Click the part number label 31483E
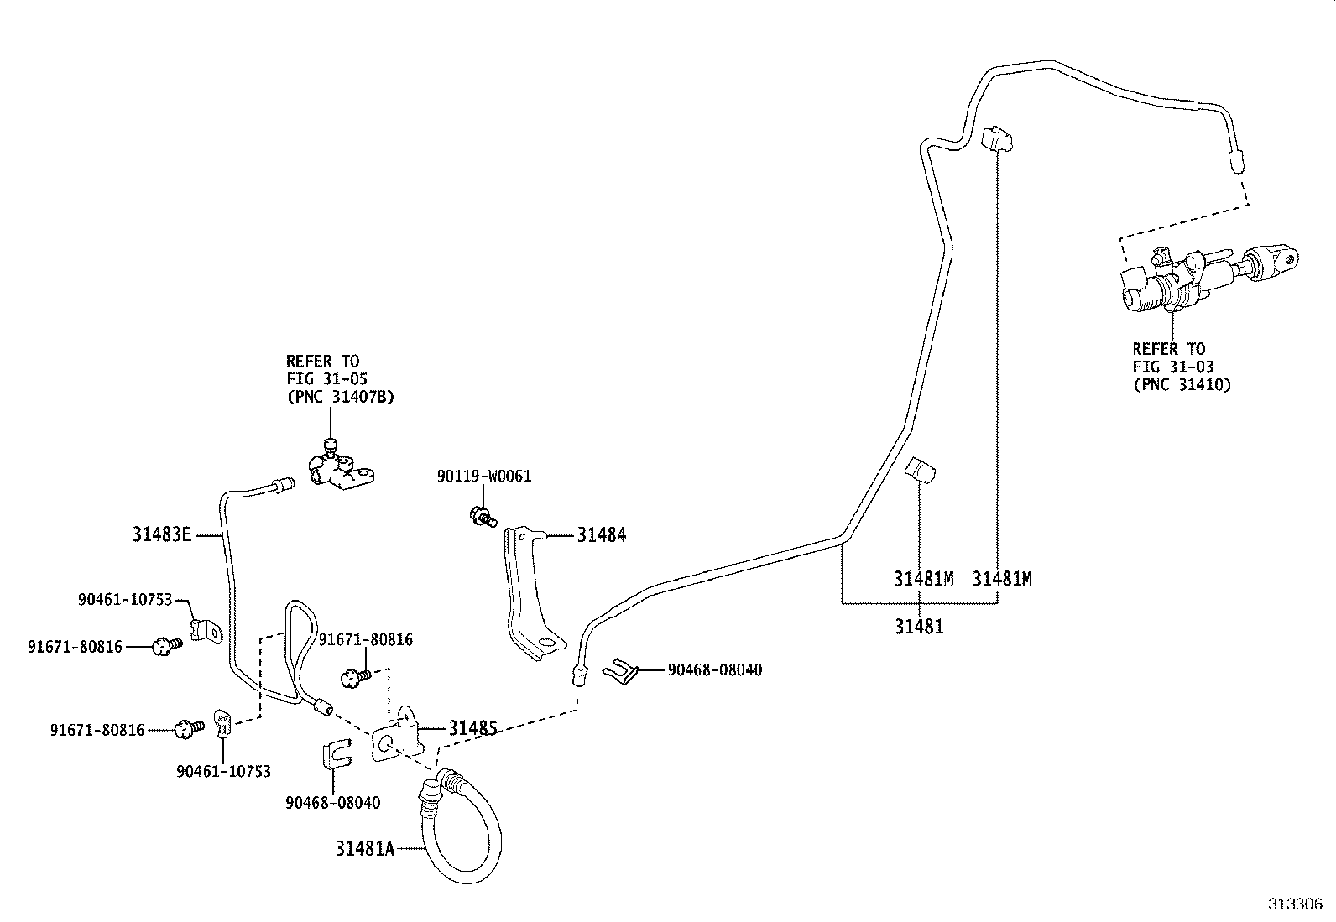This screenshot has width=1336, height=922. click(162, 534)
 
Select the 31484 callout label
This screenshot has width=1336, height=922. click(601, 534)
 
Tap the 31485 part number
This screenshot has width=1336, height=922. click(473, 727)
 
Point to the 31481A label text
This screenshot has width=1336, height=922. click(364, 848)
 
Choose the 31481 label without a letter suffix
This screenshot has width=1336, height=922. click(919, 626)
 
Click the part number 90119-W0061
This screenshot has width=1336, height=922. click(483, 477)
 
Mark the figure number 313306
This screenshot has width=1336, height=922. click(1295, 904)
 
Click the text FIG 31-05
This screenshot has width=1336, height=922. click(326, 379)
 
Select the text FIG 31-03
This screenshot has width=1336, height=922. click(1172, 367)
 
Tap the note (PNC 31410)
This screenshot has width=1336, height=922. click(1181, 384)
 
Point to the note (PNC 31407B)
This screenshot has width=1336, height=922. click(340, 397)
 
